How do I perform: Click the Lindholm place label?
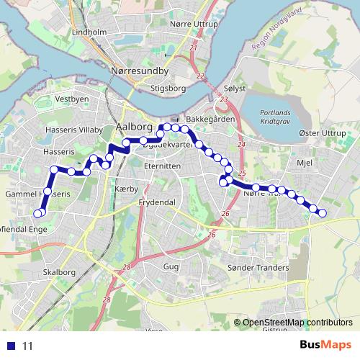tap(90, 32)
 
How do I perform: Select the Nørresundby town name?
tap(140, 72)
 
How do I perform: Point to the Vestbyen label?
tap(71, 99)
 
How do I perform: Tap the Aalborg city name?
tap(130, 129)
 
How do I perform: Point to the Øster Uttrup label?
tap(320, 135)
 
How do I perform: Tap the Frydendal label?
tap(158, 204)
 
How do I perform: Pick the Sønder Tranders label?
tap(258, 268)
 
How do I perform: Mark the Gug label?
tap(171, 266)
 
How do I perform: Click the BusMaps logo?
tap(325, 345)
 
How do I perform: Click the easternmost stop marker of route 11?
tap(323, 212)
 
